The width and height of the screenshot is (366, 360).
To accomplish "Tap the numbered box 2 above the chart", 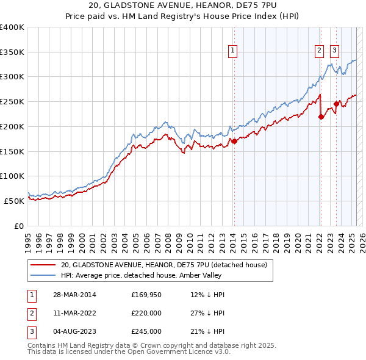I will [319, 51].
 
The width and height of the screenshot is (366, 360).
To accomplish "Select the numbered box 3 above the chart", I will [335, 51].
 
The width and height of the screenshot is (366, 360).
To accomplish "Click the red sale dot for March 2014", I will [234, 141].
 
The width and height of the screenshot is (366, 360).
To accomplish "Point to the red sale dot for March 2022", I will [321, 117].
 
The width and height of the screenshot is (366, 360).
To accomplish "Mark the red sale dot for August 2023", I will [336, 104].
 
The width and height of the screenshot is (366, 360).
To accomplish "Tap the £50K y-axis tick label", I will [14, 200].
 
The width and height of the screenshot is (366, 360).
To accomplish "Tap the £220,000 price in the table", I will [146, 313].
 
